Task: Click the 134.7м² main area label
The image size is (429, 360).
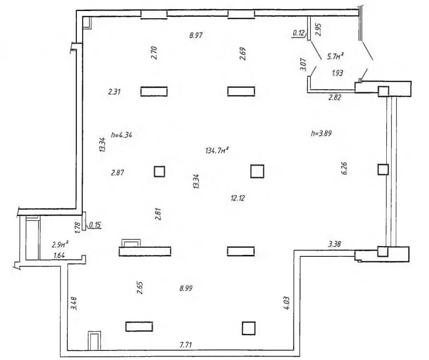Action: coord(217,150)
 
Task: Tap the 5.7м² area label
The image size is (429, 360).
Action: coord(335,56)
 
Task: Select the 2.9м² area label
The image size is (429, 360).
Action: coord(60,244)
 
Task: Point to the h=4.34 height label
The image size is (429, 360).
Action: coord(122,135)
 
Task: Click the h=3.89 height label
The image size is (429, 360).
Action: coord(321,133)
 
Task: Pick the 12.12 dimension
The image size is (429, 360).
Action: coord(238,198)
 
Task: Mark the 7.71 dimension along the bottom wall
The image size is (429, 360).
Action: coord(186,345)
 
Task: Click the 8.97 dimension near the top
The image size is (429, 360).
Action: coord(196,35)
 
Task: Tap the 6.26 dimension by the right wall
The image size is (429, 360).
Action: coord(344,168)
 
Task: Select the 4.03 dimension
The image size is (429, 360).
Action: coord(286,303)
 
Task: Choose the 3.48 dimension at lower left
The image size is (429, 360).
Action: coord(74,303)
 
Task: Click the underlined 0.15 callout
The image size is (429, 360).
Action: coord(95,225)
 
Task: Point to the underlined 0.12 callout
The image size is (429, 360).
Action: coord(298,33)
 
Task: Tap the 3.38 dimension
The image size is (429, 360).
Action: coord(334,244)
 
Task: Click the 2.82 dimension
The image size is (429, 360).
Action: coord(335,97)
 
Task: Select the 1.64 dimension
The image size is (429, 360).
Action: coord(59,255)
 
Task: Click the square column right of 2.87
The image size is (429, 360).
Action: coord(159,172)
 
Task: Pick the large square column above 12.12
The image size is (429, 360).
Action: coord(257,171)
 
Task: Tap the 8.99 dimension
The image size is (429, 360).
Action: coord(186,288)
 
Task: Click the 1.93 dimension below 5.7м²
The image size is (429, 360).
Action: coord(337,73)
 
